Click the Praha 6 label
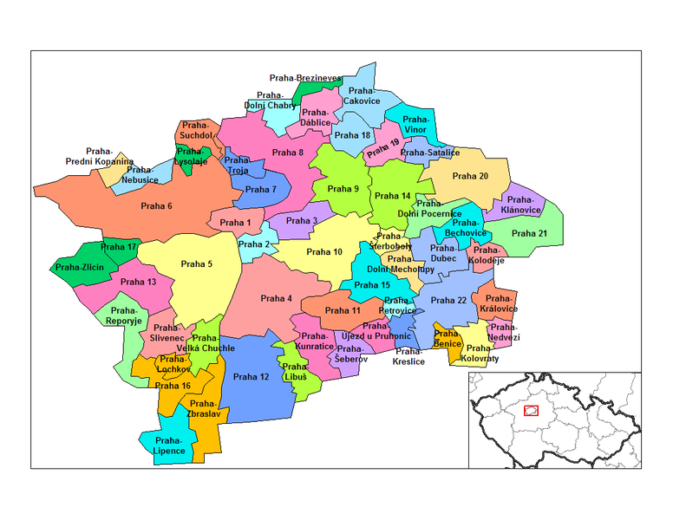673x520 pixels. coord(157,205)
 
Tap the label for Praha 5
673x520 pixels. coord(196,264)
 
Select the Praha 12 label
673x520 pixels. coord(251,377)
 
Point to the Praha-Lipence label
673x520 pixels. coord(169,445)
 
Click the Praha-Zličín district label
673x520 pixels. coord(80,268)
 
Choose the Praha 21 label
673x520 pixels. coord(529,233)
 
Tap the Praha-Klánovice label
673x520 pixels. coord(521,205)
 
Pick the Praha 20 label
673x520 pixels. coord(472,177)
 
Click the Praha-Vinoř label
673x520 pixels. coord(416,124)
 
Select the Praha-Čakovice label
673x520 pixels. coord(362,95)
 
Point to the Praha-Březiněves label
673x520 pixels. coord(305,78)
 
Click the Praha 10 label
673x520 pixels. coord(324,252)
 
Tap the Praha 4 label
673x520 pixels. coord(277,299)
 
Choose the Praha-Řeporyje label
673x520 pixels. coord(124,315)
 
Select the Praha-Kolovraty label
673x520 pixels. coord(478,353)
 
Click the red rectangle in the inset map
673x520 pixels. coord(532,410)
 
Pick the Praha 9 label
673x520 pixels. coord(343,189)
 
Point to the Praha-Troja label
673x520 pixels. coord(237,166)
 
